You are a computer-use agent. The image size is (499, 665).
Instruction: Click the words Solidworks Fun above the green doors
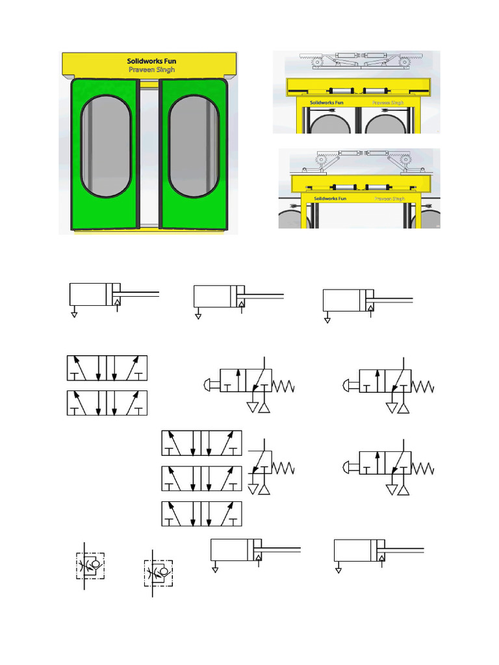[151, 61]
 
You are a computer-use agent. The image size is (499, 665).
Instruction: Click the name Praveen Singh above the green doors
[151, 69]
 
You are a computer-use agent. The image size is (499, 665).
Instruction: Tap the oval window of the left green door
[105, 147]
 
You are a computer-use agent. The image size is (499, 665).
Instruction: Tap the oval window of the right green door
[193, 147]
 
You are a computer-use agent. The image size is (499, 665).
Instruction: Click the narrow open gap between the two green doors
[149, 156]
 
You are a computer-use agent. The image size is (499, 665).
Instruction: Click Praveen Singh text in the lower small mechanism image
[389, 199]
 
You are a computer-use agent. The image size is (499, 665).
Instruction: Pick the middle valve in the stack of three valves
[201, 479]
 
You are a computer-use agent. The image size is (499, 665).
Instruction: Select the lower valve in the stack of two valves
[107, 403]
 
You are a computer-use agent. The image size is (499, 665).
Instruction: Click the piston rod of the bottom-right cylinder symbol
[407, 550]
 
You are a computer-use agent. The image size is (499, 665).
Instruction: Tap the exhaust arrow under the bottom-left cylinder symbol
[216, 571]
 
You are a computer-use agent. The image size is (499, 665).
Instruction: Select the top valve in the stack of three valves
[201, 443]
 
